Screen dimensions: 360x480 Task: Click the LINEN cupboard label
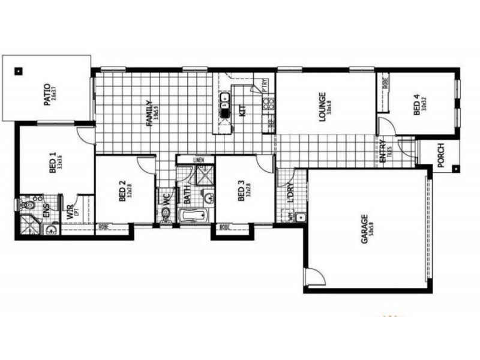pyautogui.click(x=200, y=160)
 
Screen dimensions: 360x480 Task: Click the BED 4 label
pyautogui.click(x=416, y=106)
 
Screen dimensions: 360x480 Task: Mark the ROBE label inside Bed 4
pyautogui.click(x=384, y=85)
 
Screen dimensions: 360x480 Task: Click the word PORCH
pyautogui.click(x=440, y=155)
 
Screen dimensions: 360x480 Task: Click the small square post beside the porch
pyautogui.click(x=455, y=169)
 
